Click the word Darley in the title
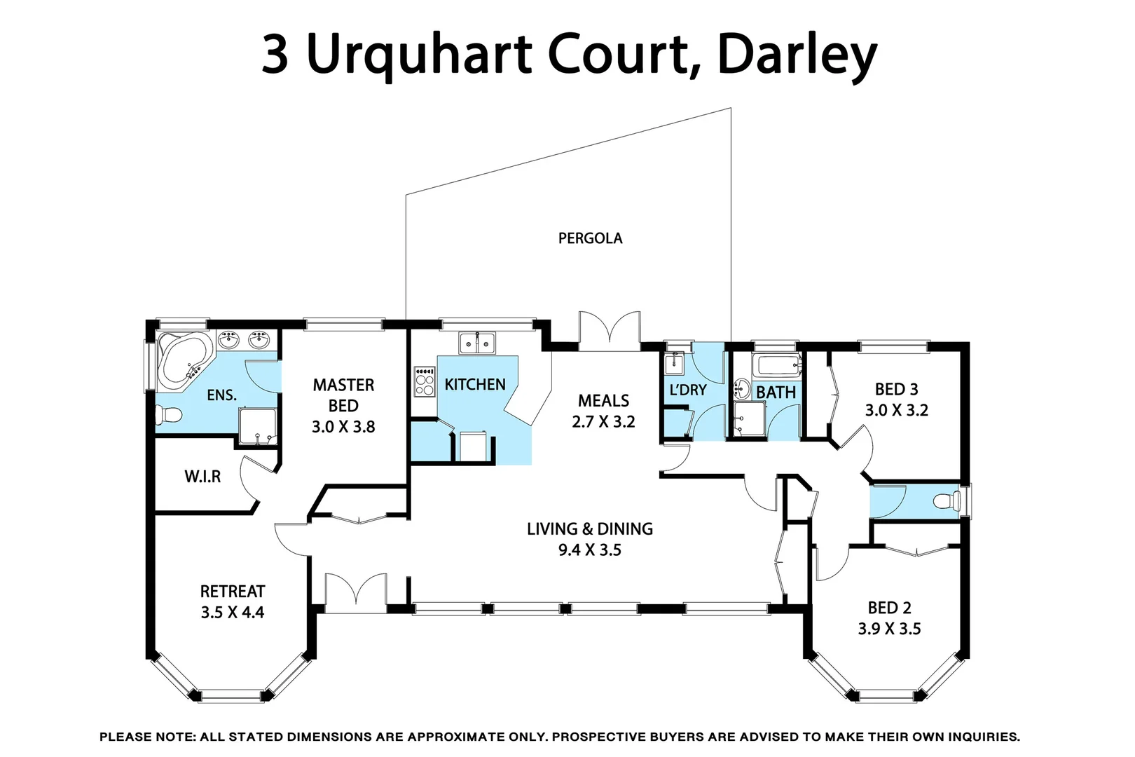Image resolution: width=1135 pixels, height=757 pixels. (x=797, y=55)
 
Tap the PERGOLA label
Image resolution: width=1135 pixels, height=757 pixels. (x=590, y=238)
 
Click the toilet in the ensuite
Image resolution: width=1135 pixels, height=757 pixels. (x=168, y=415)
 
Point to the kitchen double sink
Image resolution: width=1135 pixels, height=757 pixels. (x=477, y=343)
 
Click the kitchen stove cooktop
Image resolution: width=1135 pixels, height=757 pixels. (x=425, y=381)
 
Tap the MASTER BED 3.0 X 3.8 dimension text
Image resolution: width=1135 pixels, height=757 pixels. (x=343, y=427)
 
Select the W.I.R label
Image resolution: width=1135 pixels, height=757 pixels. (x=202, y=477)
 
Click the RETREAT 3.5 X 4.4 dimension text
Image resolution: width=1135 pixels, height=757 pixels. (x=233, y=613)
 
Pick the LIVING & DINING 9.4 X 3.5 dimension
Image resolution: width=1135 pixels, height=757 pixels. (x=590, y=550)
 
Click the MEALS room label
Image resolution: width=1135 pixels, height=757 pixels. (x=603, y=401)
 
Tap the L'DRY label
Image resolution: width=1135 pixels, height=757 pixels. (x=688, y=390)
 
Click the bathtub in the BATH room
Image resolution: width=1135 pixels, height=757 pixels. (x=778, y=365)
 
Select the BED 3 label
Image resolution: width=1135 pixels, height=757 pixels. (x=896, y=390)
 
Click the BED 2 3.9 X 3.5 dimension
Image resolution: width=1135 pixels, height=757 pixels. (x=889, y=629)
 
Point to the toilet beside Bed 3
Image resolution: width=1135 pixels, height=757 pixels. (x=949, y=500)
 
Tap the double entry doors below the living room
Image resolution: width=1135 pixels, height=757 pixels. (x=356, y=592)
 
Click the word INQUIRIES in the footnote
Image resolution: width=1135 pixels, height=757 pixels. (x=983, y=737)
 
